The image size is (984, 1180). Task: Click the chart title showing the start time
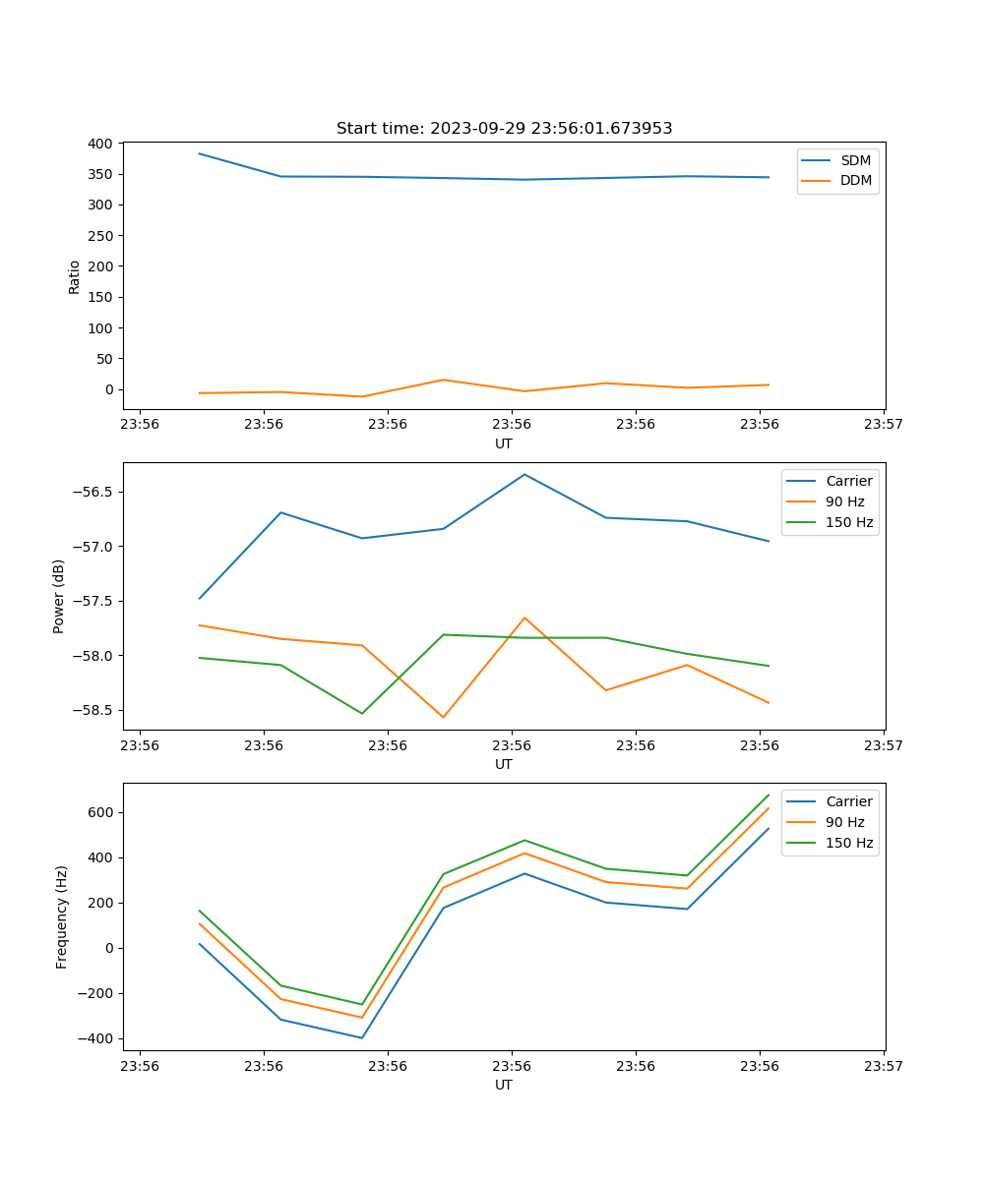pos(504,129)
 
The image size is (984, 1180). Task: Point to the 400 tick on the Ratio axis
pos(99,144)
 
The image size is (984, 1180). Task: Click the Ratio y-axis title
pos(75,276)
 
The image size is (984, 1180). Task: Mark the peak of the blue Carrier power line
pos(524,475)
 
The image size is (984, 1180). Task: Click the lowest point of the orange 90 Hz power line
pos(443,717)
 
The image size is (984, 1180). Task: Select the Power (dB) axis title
pos(59,596)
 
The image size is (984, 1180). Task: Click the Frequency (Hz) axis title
pos(62,916)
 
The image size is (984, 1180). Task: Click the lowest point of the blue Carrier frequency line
pos(362,1037)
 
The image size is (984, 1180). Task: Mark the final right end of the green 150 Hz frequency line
pos(769,795)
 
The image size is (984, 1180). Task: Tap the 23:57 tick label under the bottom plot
pos(883,1066)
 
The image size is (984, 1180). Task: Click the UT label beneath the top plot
pos(504,443)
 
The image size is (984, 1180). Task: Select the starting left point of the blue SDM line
pos(200,153)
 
